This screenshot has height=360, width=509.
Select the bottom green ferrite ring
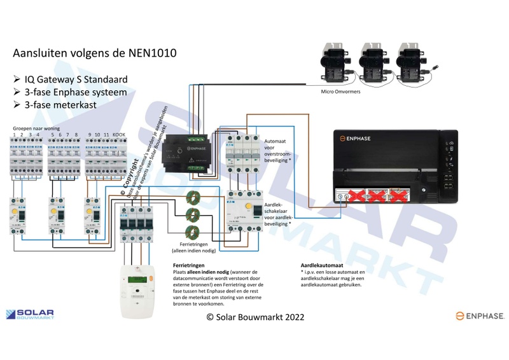(x=192, y=232)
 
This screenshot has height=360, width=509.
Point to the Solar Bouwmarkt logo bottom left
(x=30, y=314)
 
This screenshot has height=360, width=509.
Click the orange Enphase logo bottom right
(x=480, y=315)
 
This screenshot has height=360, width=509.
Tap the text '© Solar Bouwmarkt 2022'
(x=255, y=317)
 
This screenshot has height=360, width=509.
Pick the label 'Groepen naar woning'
(x=38, y=128)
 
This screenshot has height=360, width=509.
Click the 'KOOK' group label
(x=118, y=135)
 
